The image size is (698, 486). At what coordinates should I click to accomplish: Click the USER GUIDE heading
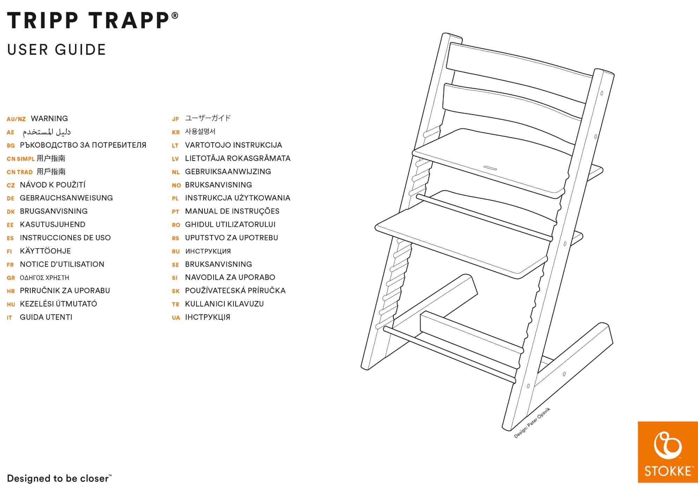coord(57,50)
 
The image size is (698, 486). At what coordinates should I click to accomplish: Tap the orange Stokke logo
coord(667,452)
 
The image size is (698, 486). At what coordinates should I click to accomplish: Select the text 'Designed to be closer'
coord(58,478)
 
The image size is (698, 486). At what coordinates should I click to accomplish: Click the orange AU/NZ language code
coord(16,119)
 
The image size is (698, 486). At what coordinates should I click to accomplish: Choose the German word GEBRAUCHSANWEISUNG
coord(66,198)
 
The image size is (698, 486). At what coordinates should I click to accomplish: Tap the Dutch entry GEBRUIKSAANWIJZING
coord(228,171)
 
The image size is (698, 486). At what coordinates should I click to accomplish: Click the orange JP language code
coord(175,119)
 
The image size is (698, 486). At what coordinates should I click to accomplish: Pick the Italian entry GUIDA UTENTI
coord(46,317)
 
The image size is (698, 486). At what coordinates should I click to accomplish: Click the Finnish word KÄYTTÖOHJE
coord(45,251)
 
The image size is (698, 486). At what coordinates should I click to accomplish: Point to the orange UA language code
coord(176,318)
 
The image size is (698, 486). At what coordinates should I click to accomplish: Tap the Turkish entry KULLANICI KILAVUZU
coord(224,304)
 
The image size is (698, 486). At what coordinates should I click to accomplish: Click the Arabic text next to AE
coord(47,132)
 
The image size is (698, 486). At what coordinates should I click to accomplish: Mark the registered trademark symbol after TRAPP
coord(175,16)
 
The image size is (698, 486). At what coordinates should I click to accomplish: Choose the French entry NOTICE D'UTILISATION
coord(62,264)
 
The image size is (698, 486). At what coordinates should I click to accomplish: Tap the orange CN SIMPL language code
coord(21,159)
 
